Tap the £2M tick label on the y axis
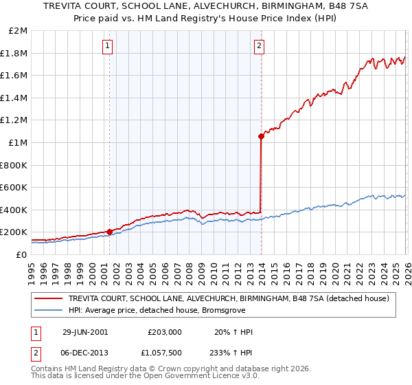click(19, 31)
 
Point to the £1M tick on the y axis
click(19, 142)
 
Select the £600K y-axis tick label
click(15, 187)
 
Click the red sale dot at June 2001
click(109, 232)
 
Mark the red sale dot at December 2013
click(261, 136)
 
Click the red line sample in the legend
click(49, 298)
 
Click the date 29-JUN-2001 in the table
click(85, 332)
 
